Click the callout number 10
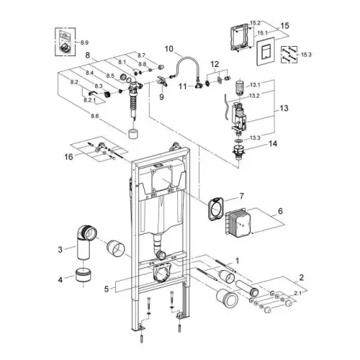point(169,50)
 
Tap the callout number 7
point(243,196)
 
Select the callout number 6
point(281,212)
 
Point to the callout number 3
point(60,250)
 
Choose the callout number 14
point(273,144)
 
